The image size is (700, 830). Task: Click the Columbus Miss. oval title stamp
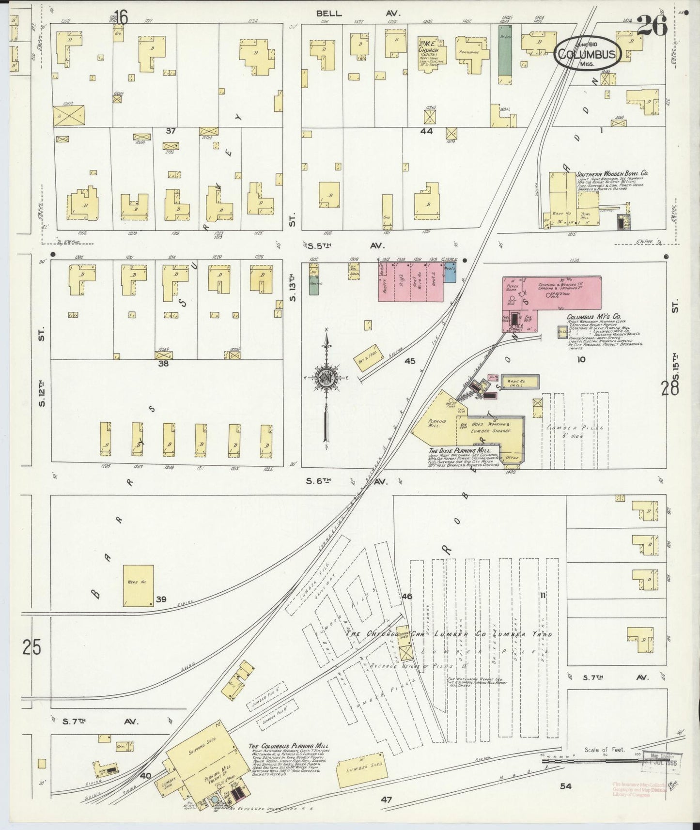coord(587,52)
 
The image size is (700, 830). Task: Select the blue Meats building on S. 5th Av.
coord(450,276)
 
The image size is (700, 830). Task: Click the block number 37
coord(170,131)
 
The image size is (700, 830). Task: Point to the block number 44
coord(426,131)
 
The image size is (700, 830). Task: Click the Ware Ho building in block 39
coord(138,585)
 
